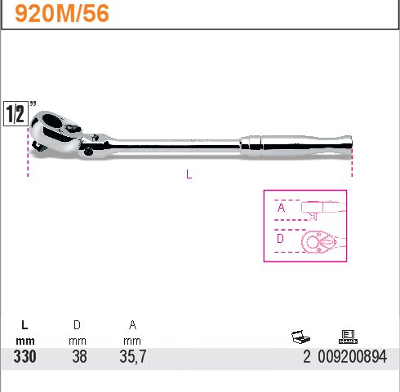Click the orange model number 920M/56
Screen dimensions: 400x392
[62, 14]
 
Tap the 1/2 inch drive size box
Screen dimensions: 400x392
[16, 113]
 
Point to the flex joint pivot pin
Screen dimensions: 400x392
[88, 152]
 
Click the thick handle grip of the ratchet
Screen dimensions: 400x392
[296, 146]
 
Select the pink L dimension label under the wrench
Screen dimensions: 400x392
[189, 174]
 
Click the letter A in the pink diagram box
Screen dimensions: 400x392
[281, 208]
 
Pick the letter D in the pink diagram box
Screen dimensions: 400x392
[280, 239]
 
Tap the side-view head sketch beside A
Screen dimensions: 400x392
[323, 210]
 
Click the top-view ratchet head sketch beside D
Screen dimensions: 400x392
[323, 242]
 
